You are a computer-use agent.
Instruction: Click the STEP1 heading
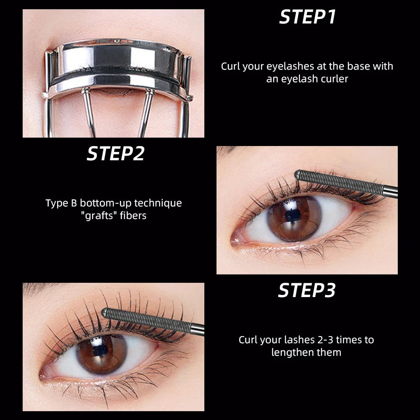(x=308, y=17)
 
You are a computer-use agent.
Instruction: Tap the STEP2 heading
(x=115, y=154)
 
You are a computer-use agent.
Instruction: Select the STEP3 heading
(x=307, y=290)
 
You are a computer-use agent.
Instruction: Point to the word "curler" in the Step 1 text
(x=333, y=78)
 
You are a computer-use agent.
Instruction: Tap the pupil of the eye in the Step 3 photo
(x=100, y=350)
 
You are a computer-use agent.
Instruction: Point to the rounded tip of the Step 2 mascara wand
(x=298, y=174)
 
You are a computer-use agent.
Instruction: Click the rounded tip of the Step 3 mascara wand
(x=105, y=313)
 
